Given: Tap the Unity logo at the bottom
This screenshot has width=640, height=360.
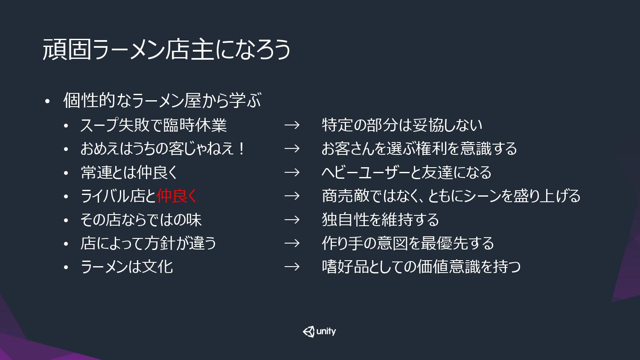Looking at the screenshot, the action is (x=319, y=331).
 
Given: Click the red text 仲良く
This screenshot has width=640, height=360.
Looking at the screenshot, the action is (x=177, y=196).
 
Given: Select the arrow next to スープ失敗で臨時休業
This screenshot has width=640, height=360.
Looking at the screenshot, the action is (x=292, y=125).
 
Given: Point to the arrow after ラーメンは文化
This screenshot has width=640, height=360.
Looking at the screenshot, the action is (x=292, y=267).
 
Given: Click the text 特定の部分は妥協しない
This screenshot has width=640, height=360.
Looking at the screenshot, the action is (x=402, y=125).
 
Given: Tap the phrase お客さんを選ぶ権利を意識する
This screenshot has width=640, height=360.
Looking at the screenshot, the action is (x=419, y=149).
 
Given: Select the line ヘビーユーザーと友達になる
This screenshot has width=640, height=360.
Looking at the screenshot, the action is (x=406, y=173).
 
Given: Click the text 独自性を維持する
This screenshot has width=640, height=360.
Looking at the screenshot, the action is (x=380, y=220).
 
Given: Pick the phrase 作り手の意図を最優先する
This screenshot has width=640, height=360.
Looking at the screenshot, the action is (x=408, y=244).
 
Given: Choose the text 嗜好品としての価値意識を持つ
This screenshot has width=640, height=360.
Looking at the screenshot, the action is (x=421, y=267).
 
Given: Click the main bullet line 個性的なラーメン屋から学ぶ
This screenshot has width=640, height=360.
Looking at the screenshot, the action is (x=162, y=100).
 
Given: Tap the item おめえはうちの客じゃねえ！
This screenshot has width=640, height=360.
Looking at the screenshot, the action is (x=162, y=149).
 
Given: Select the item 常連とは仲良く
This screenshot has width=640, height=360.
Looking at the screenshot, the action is (x=129, y=173).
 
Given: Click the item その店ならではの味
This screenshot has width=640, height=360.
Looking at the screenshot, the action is (x=141, y=220).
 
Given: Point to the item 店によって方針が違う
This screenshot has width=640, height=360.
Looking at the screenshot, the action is (x=148, y=244).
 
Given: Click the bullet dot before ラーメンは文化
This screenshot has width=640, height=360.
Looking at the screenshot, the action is (x=66, y=267).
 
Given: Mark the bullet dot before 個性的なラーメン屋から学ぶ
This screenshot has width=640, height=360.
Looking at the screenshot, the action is (x=47, y=102).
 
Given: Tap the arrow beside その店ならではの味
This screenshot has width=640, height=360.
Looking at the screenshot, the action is (x=292, y=219).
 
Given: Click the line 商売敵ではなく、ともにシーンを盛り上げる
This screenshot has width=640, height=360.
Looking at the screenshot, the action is (x=451, y=196).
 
